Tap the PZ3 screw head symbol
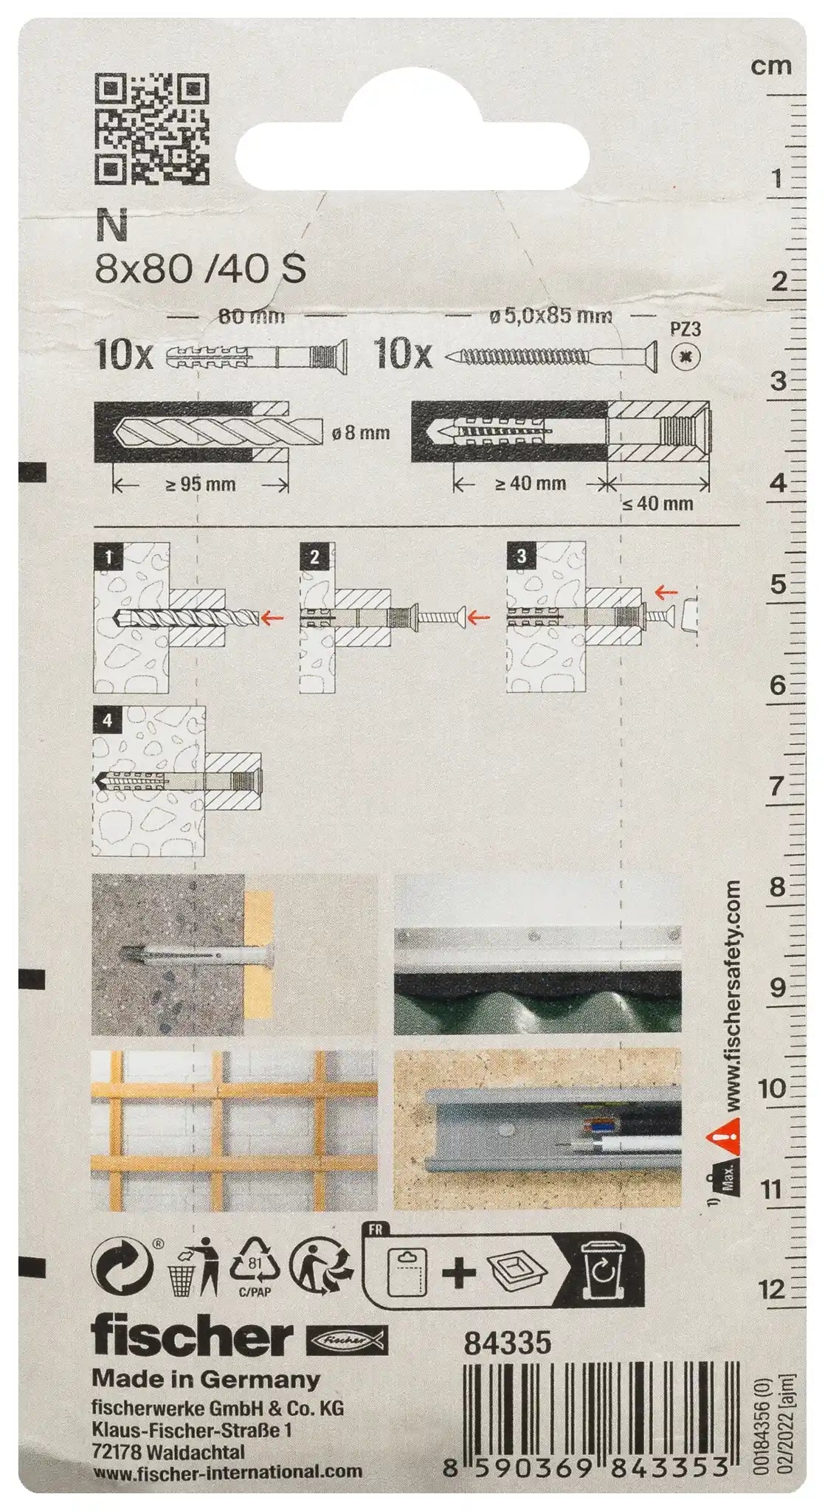tap(686, 358)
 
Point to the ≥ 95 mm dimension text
tap(199, 484)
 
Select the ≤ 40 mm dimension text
tap(656, 504)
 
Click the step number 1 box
tap(109, 557)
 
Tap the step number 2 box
tap(315, 557)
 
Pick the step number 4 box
tap(108, 720)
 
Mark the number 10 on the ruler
tap(771, 1088)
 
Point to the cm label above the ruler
tap(771, 66)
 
